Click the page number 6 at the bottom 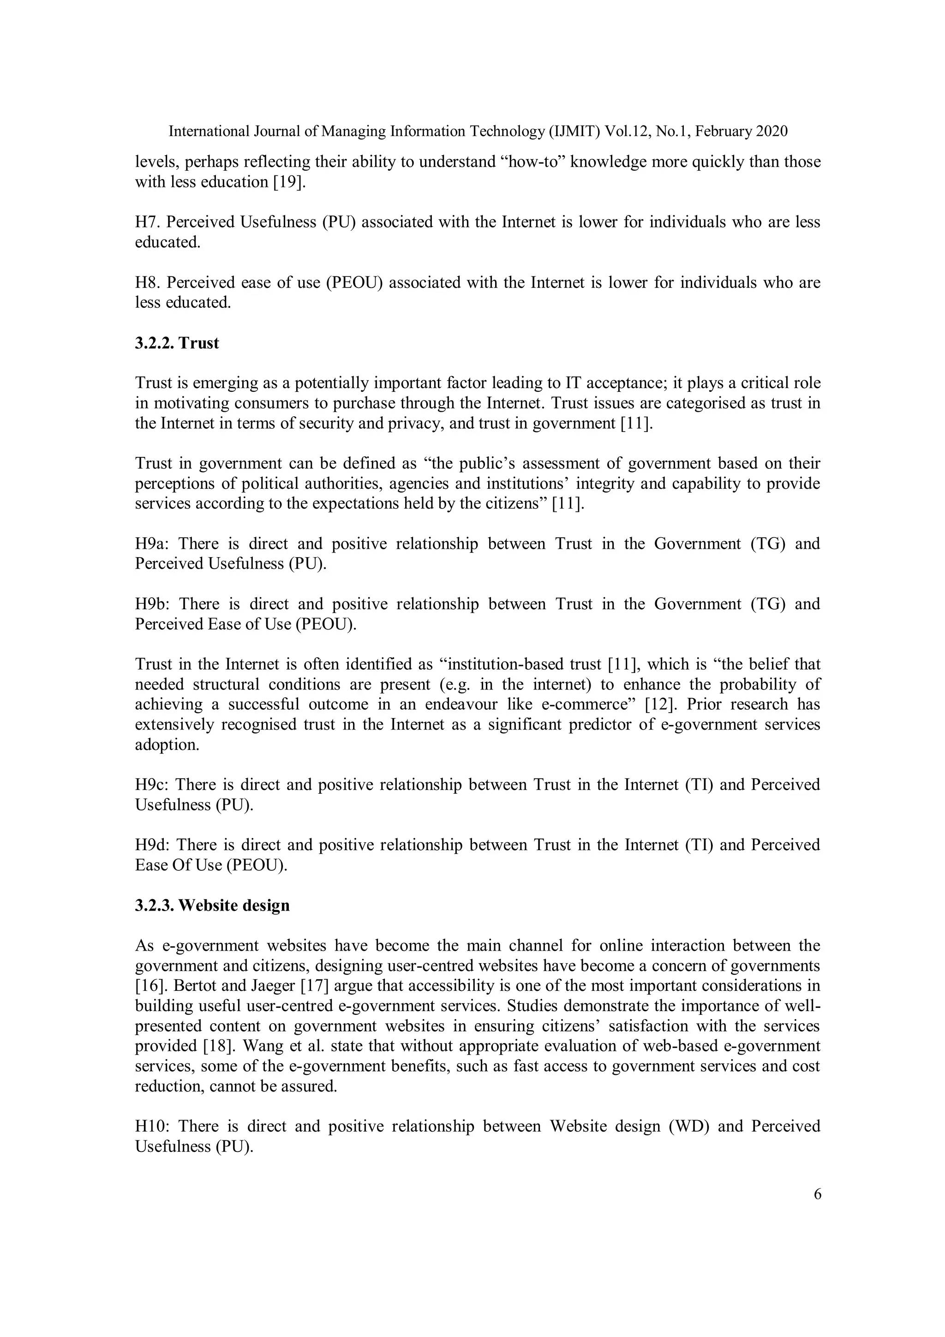point(817,1194)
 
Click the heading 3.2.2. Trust point(177,343)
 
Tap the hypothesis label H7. point(146,222)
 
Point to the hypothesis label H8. point(146,282)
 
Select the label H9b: point(153,604)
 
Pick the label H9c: point(151,785)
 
